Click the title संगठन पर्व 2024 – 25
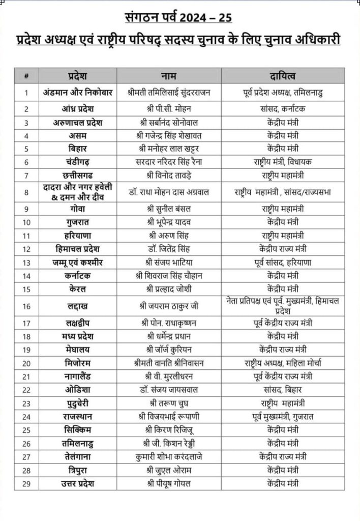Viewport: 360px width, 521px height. coord(178,18)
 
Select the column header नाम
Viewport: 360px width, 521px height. coord(169,76)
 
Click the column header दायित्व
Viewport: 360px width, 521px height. coord(282,76)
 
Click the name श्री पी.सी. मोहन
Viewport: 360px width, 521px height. coord(169,109)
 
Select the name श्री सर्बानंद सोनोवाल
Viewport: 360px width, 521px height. coord(169,123)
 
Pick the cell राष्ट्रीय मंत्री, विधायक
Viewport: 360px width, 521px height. coord(282,162)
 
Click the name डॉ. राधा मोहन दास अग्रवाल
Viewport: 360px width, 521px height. coord(169,192)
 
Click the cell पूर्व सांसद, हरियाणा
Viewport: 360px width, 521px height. coord(282,263)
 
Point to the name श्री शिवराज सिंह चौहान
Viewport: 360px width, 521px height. coord(169,276)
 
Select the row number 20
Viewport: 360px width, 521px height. coord(25,363)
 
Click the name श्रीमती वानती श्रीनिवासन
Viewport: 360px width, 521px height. coord(169,363)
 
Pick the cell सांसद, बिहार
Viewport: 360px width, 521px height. coord(282,390)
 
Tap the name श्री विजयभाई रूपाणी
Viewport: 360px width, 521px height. coord(169,417)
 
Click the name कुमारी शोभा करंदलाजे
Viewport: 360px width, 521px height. coord(169,456)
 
